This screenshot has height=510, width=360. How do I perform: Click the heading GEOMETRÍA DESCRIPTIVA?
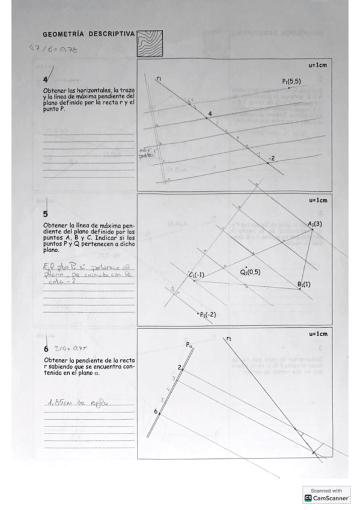coord(88,34)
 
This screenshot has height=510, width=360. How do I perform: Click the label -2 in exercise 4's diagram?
coord(272,158)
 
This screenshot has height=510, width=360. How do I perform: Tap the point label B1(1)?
coord(304,284)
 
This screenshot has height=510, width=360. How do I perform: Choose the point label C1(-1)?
coord(197,275)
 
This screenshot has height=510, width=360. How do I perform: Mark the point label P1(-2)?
coord(207,315)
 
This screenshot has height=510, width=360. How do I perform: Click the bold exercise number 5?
coord(46,213)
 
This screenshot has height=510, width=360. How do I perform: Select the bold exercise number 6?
coord(46,349)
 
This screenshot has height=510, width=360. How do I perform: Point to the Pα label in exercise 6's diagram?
coord(189,345)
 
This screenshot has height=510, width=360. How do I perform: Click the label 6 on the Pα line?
coord(155,411)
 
